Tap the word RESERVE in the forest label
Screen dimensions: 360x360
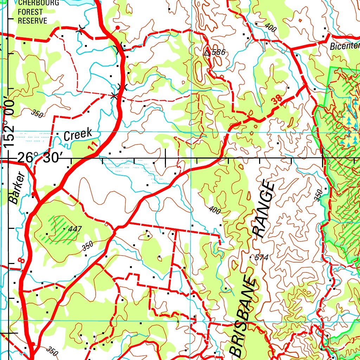[x=32, y=21]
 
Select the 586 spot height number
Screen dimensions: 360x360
[x=218, y=53]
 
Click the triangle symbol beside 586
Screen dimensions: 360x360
[x=207, y=52]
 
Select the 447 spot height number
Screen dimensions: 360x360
[x=75, y=229]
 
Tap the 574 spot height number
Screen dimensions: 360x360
[x=261, y=258]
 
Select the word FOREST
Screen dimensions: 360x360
[x=30, y=12]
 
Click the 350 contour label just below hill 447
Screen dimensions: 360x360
[x=88, y=246]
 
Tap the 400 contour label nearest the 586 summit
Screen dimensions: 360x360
[x=271, y=27]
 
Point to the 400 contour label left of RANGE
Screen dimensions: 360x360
[x=214, y=210]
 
